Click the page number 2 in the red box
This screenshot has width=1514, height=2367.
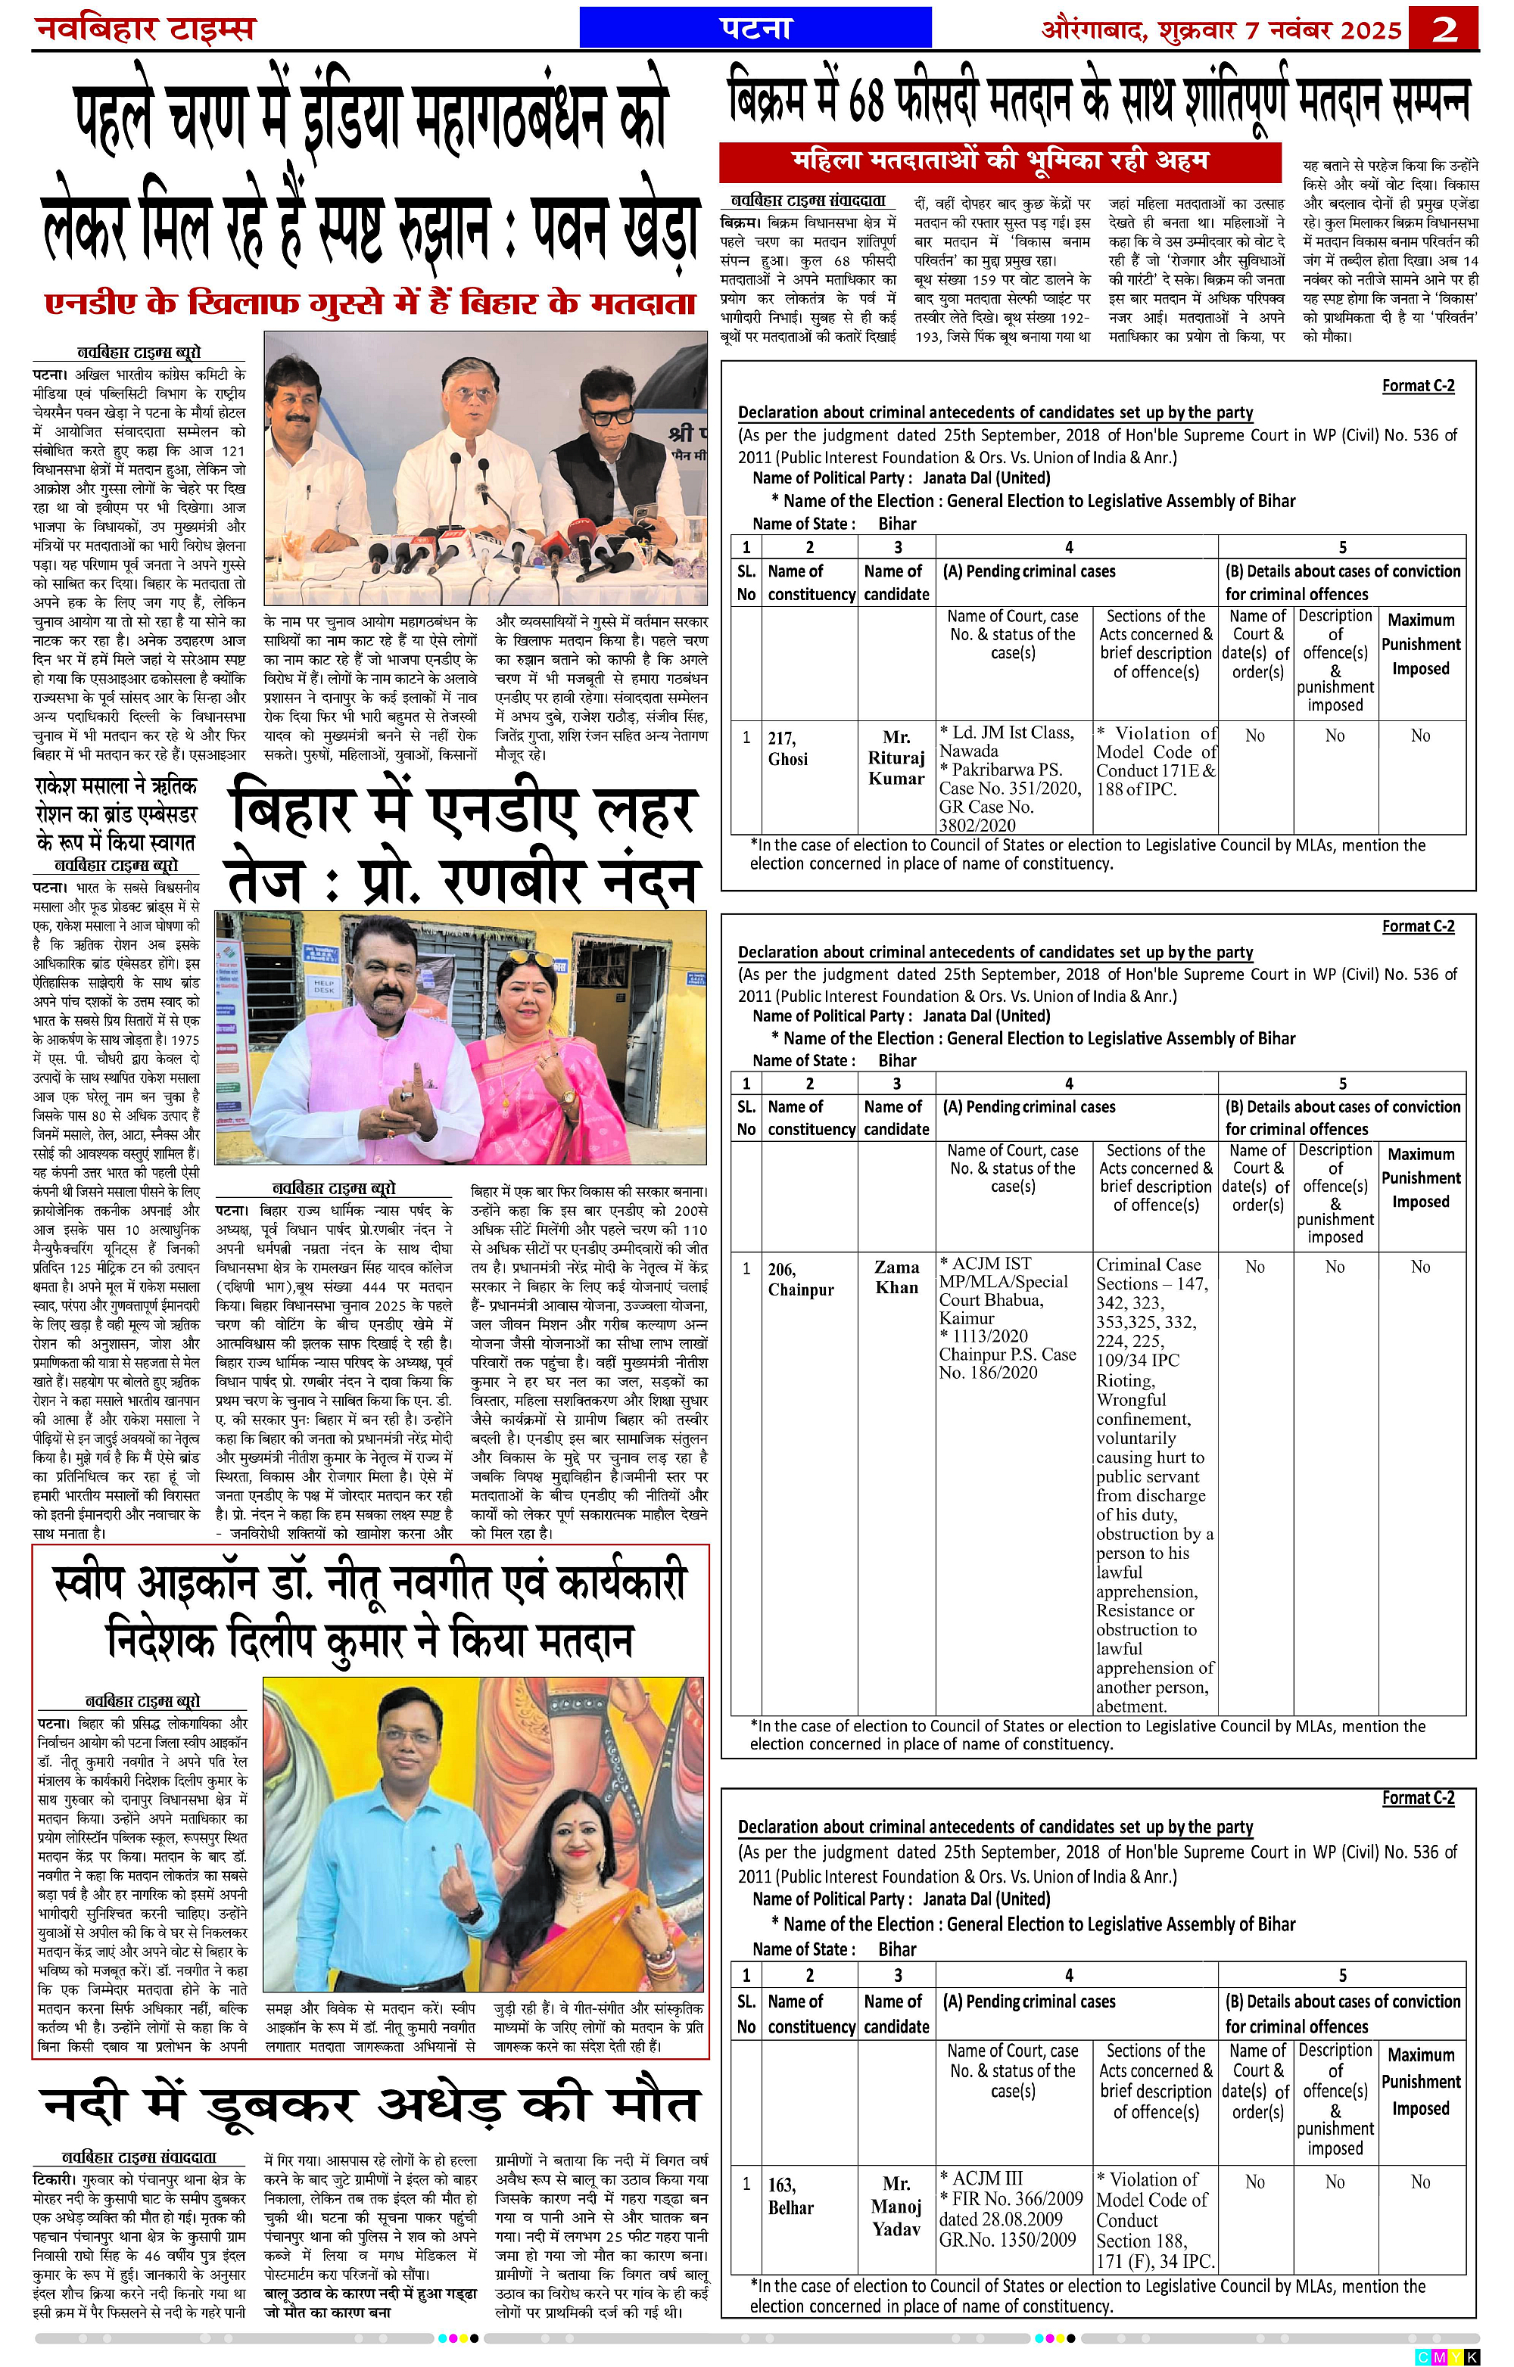click(1443, 29)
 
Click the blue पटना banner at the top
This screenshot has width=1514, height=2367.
click(755, 27)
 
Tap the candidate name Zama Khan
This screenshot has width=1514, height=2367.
click(896, 1277)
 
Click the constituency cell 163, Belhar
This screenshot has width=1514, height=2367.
click(790, 2196)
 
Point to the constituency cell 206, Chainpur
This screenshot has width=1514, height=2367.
click(800, 1279)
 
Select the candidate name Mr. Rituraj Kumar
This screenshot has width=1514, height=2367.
click(896, 757)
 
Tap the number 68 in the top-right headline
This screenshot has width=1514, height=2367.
click(865, 101)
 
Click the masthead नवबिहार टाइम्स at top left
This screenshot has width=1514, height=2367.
click(145, 29)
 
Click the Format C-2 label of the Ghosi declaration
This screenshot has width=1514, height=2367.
click(1418, 385)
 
